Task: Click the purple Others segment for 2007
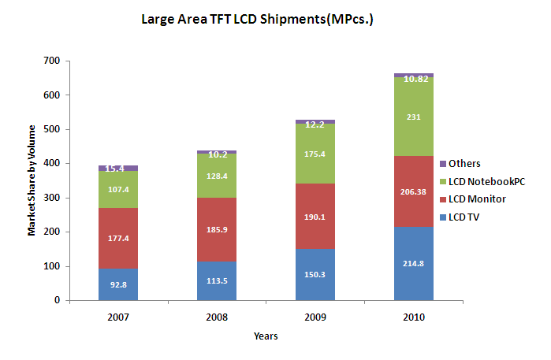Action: pyautogui.click(x=118, y=168)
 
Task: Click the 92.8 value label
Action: pyautogui.click(x=118, y=284)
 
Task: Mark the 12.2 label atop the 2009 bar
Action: pyautogui.click(x=315, y=124)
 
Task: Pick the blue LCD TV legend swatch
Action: pyautogui.click(x=442, y=217)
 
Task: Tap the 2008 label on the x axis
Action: pyautogui.click(x=217, y=317)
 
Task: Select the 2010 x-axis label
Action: pyautogui.click(x=414, y=317)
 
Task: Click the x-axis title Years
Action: pyautogui.click(x=266, y=336)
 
